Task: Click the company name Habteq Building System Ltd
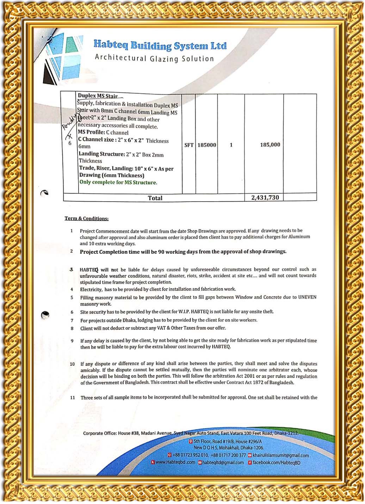(x=160, y=45)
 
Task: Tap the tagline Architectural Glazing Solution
(x=154, y=58)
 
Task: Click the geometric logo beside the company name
(x=62, y=59)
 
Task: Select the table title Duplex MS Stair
(x=98, y=96)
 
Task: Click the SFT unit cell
(x=189, y=145)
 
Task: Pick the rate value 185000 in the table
(x=207, y=145)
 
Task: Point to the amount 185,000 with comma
(x=270, y=145)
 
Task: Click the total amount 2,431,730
(x=265, y=197)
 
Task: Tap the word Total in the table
(x=155, y=198)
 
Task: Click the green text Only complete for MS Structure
(x=118, y=182)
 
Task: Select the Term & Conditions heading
(x=86, y=219)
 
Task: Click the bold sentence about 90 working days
(x=183, y=252)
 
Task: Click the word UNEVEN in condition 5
(x=307, y=297)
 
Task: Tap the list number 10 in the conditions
(x=72, y=364)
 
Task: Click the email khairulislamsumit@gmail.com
(x=280, y=455)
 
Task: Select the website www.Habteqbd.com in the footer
(x=175, y=462)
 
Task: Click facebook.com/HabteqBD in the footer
(x=276, y=462)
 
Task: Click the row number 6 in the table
(x=70, y=143)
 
